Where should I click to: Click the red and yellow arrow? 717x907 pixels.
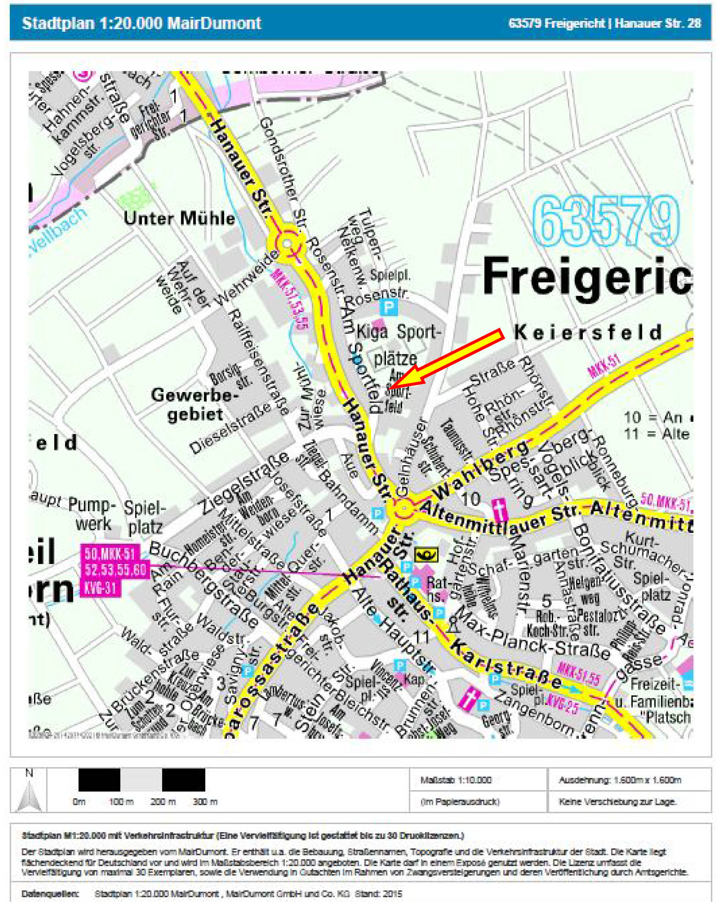coord(447,358)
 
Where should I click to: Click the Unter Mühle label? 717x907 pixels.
coord(179,219)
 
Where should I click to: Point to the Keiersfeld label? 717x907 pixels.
coord(588,333)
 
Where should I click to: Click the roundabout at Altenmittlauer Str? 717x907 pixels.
coord(404,509)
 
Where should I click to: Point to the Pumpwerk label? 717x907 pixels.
coord(92,514)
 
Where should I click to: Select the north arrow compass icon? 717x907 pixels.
coord(28,790)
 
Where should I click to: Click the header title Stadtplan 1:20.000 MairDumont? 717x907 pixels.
coord(142,23)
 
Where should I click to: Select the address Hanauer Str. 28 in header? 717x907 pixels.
coord(658,23)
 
